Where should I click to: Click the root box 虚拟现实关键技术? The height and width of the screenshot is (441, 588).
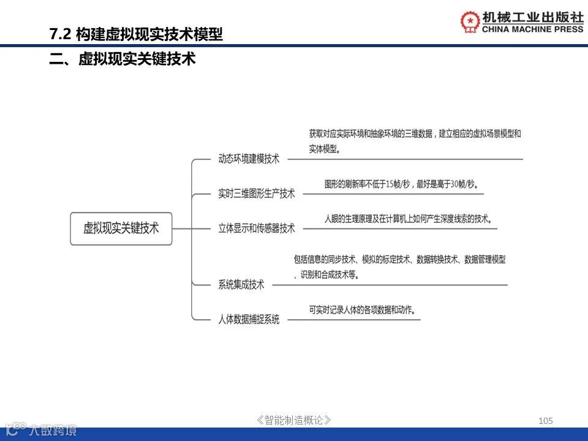coord(121,228)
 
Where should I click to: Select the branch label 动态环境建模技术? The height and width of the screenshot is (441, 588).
coord(249,159)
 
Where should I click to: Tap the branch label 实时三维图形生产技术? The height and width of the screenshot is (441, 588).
coord(257,194)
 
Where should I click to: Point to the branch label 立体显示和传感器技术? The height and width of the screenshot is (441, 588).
coord(257,228)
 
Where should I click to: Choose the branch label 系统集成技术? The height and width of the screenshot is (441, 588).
coord(241,284)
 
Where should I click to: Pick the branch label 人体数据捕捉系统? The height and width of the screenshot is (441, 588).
coord(249,319)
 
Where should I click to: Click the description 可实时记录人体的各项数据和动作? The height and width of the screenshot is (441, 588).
coord(362,310)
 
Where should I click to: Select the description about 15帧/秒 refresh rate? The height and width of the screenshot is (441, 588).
coord(401,184)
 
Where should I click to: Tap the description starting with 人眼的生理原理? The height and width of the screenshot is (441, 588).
coord(408,219)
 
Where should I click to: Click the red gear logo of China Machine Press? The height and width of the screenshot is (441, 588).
coord(470,21)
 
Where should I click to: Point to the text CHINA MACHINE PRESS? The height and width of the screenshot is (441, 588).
coord(533,29)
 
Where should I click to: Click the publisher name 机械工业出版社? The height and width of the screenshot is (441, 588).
coord(533,17)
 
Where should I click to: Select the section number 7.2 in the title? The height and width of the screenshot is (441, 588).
coord(61,34)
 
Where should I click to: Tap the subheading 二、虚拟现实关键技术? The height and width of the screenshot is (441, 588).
coord(123,59)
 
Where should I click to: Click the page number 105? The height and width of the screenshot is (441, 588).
coord(545,420)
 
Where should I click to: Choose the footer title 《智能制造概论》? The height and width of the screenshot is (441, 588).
coord(295,420)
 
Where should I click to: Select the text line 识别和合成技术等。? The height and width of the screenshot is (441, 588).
coord(325,275)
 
